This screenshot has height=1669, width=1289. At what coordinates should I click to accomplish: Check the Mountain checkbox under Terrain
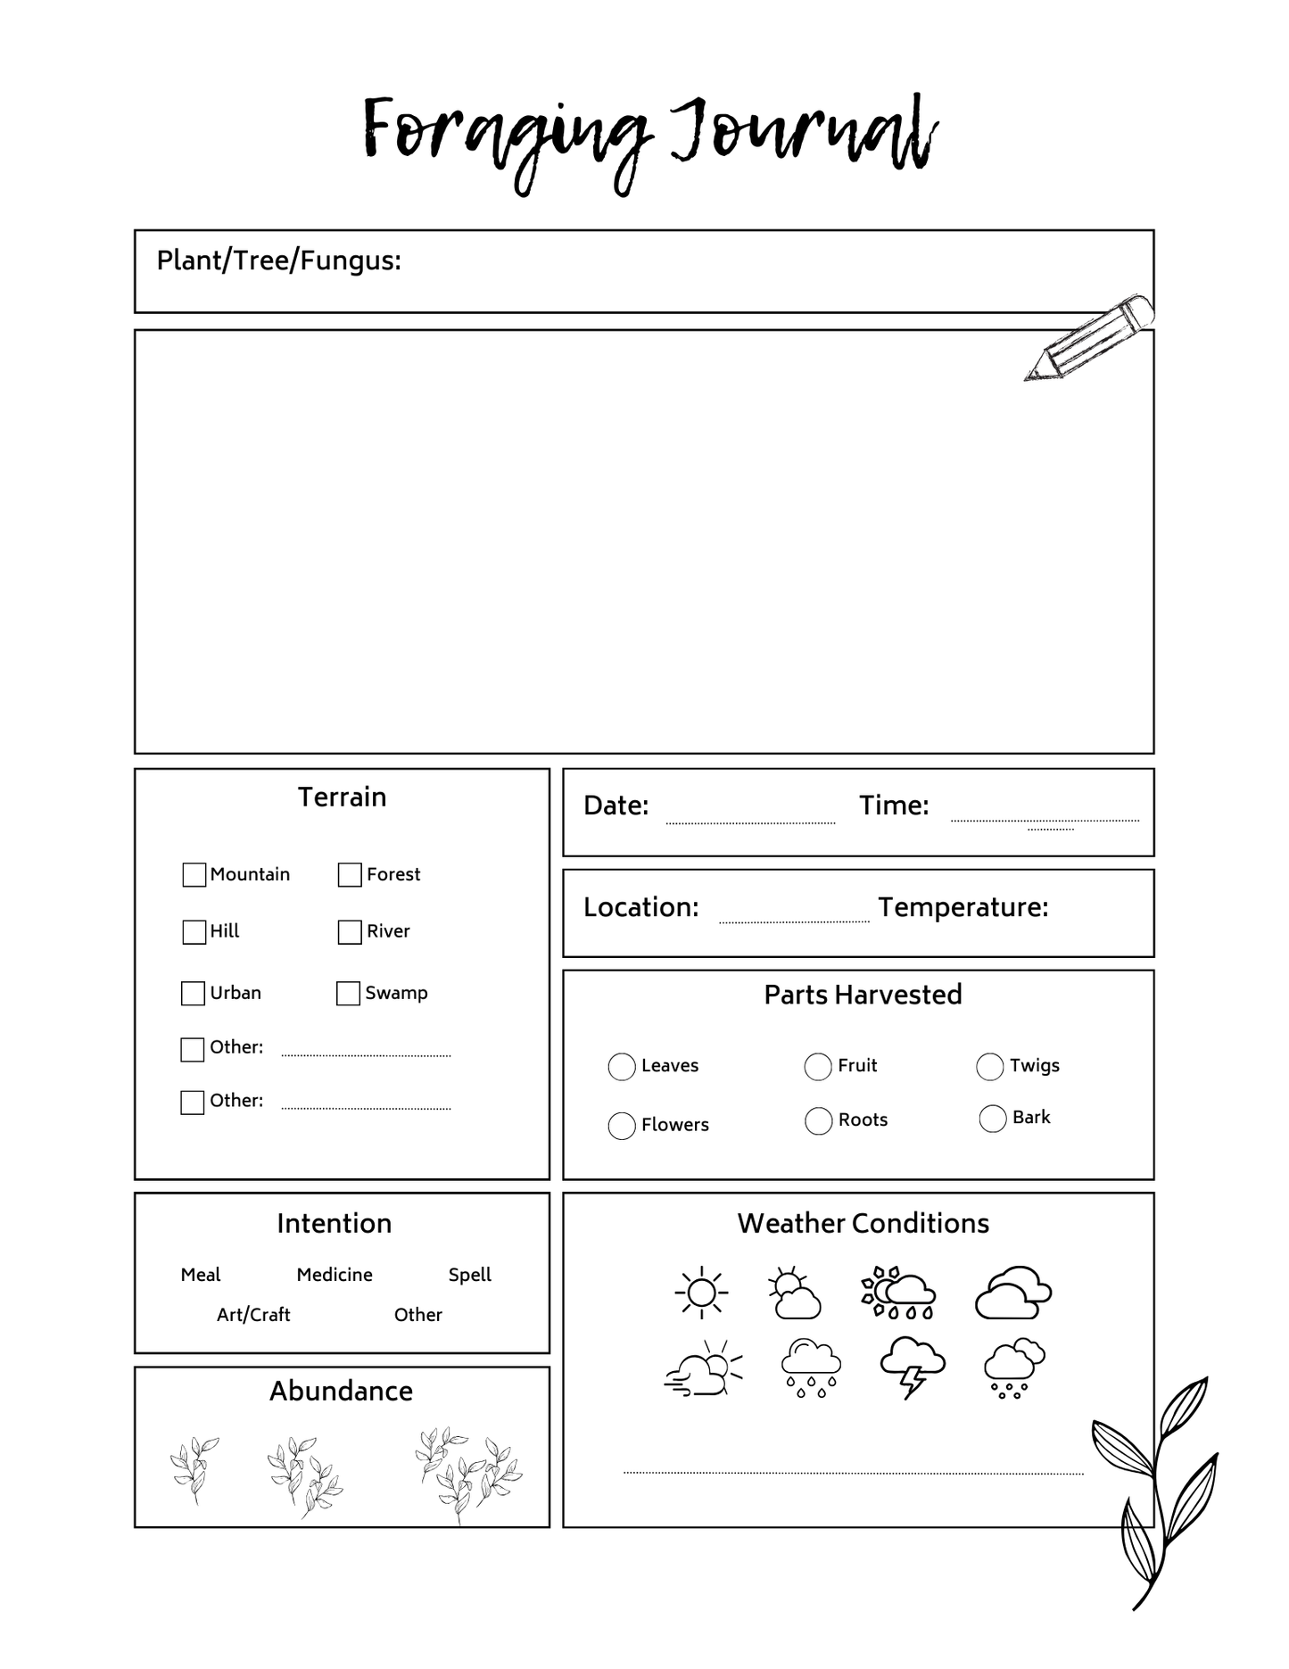pyautogui.click(x=194, y=874)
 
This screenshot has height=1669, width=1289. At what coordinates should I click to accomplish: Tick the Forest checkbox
pyautogui.click(x=350, y=874)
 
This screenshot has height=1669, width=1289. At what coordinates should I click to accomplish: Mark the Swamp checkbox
pyautogui.click(x=348, y=993)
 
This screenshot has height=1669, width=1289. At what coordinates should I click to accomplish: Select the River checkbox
pyautogui.click(x=350, y=932)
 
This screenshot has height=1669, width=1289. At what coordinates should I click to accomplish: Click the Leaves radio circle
pyautogui.click(x=621, y=1066)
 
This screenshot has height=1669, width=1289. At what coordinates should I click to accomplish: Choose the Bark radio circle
pyautogui.click(x=992, y=1118)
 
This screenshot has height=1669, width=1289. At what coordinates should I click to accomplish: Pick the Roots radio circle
pyautogui.click(x=818, y=1120)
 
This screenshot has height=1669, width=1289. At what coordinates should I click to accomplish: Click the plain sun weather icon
pyautogui.click(x=701, y=1292)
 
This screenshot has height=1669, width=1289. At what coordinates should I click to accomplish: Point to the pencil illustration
pyautogui.click(x=1088, y=337)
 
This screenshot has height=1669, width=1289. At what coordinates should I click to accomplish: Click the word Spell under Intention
pyautogui.click(x=469, y=1275)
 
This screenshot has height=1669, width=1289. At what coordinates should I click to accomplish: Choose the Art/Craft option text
pyautogui.click(x=253, y=1315)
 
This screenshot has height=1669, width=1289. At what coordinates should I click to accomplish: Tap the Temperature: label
pyautogui.click(x=963, y=907)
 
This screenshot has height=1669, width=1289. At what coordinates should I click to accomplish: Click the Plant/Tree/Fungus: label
pyautogui.click(x=278, y=260)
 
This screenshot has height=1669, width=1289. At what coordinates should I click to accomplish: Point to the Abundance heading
pyautogui.click(x=341, y=1391)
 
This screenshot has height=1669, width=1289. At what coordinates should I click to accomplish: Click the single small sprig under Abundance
pyautogui.click(x=194, y=1468)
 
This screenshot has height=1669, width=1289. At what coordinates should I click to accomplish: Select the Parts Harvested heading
pyautogui.click(x=863, y=995)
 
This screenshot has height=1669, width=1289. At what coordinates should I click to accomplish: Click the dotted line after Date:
pyautogui.click(x=750, y=822)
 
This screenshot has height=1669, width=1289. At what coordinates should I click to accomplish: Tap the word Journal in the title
pyautogui.click(x=803, y=134)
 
